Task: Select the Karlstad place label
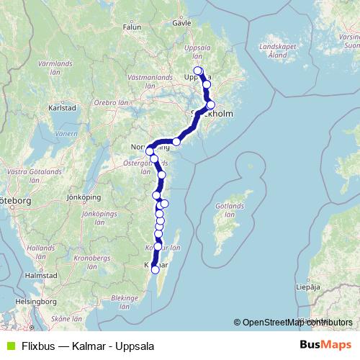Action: (62, 108)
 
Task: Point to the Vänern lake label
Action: (66, 134)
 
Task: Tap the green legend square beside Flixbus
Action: (9, 346)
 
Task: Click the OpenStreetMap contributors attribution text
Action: (294, 323)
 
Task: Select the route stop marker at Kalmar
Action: (154, 269)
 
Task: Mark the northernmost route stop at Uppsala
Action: (198, 71)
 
